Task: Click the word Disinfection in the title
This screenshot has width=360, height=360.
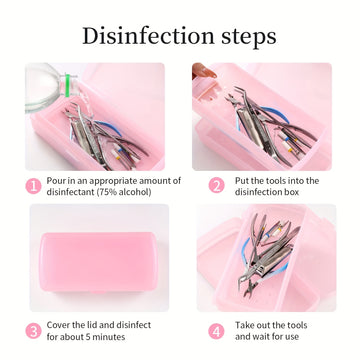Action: point(148,36)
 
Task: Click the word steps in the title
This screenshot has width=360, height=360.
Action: point(250,37)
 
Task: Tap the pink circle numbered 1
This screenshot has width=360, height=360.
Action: point(34,186)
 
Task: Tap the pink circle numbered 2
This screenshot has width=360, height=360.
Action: point(217,186)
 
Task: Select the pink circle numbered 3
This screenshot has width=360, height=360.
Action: point(34,331)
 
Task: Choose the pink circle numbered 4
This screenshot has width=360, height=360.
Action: point(217,331)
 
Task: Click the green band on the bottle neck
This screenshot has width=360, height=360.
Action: point(68,86)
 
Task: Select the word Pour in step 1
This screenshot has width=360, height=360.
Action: point(54,181)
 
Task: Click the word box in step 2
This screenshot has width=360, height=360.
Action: point(292,192)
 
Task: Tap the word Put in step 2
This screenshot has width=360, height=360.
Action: point(241,181)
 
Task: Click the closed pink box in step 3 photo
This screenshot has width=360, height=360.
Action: point(99,263)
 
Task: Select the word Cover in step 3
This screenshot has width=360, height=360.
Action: point(58,325)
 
